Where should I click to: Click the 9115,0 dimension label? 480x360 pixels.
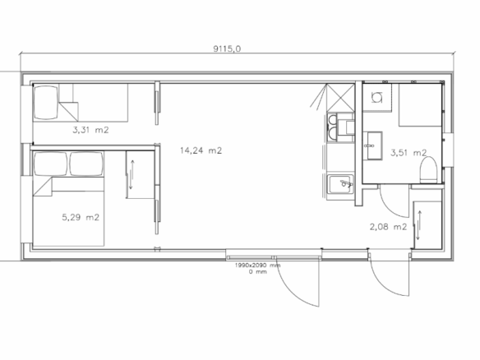[227, 48]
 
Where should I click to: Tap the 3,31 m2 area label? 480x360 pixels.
[90, 130]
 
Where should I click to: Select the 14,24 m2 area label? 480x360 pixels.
[201, 150]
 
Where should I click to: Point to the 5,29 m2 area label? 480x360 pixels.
[81, 217]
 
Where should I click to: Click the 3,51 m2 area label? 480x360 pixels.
[408, 152]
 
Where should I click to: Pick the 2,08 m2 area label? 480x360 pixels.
[388, 227]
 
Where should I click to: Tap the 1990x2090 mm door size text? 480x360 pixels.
[257, 265]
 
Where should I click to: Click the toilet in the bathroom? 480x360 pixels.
[428, 169]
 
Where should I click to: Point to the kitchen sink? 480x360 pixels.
[340, 184]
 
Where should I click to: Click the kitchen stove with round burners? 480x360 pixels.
[332, 127]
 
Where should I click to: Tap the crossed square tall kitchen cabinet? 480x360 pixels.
[341, 97]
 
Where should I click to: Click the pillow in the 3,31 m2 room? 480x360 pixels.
[45, 102]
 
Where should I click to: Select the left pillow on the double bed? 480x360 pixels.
[50, 164]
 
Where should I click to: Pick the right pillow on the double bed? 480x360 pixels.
[86, 164]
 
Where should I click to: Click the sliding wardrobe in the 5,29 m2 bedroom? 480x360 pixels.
[140, 174]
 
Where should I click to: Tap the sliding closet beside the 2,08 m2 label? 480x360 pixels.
[427, 224]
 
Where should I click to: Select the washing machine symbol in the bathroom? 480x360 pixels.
[376, 97]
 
